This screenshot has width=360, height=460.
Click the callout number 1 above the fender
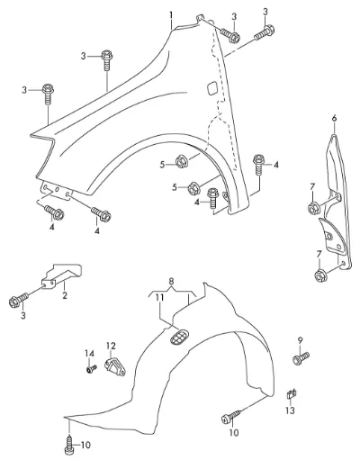tap(171, 14)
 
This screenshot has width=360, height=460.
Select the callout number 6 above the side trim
tap(334, 118)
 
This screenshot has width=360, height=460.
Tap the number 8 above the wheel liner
tap(171, 282)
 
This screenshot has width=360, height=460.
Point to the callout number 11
tap(160, 297)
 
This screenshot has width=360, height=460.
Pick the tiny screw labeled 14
tap(91, 369)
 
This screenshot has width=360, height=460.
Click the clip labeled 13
tap(292, 393)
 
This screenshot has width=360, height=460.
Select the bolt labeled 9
tap(301, 357)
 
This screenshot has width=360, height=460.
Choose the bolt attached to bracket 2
tap(19, 301)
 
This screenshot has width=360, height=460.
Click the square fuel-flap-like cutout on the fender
tap(212, 87)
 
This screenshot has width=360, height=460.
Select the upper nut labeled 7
tap(313, 208)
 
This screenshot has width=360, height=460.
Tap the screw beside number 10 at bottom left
tap(68, 446)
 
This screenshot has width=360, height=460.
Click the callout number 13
tap(290, 410)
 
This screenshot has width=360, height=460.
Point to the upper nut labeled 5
tap(181, 161)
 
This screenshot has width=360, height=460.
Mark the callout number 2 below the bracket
tap(65, 295)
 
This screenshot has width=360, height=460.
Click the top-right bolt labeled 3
tap(265, 33)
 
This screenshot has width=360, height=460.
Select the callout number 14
tap(89, 354)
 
